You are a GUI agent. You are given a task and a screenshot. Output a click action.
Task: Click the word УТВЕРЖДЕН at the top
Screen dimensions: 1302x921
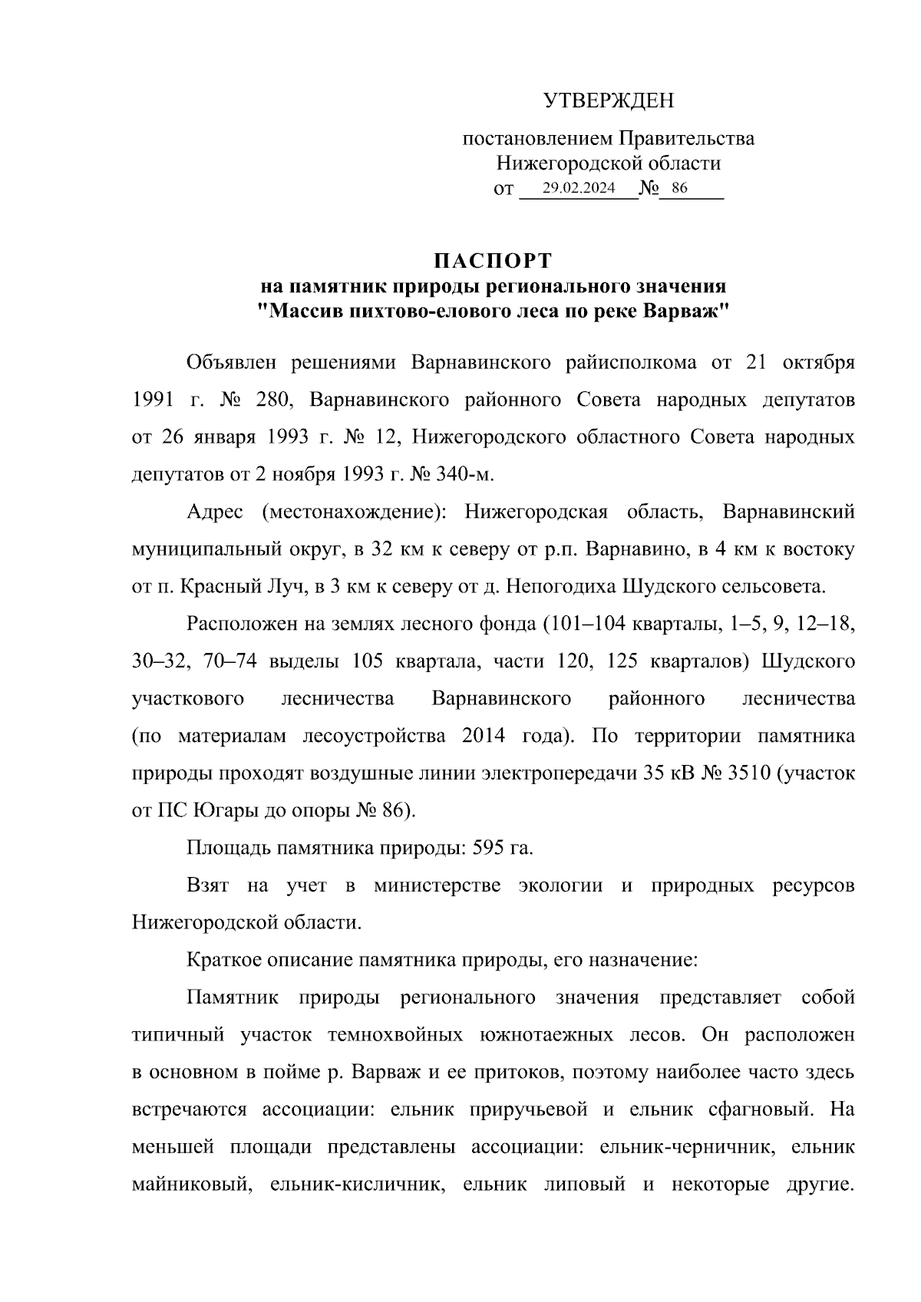coord(609,101)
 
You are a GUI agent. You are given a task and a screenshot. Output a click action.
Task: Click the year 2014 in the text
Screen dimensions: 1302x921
coord(484,736)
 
